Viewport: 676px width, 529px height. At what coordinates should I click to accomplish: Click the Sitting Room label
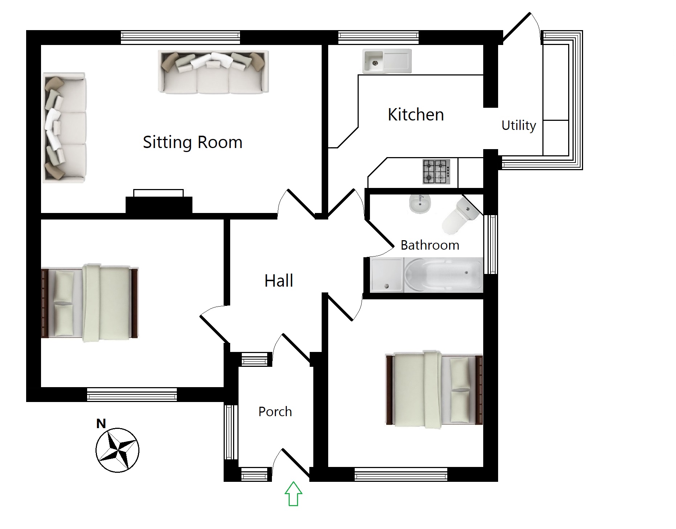[x=192, y=142]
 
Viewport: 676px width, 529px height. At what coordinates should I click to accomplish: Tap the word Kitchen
[x=416, y=115]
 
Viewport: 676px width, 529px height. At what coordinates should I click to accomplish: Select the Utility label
[x=518, y=126]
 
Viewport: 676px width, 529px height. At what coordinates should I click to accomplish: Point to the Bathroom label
[x=430, y=245]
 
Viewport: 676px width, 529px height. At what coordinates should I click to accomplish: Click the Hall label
[x=279, y=280]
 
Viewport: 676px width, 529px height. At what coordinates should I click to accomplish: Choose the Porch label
[x=275, y=411]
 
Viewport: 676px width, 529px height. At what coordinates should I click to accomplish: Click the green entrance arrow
[x=293, y=493]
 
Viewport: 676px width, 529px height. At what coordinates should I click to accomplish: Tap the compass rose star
[x=117, y=450]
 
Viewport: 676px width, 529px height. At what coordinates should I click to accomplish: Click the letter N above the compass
[x=101, y=423]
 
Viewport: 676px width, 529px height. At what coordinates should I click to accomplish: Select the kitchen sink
[x=387, y=61]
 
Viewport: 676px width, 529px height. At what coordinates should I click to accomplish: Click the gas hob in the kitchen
[x=436, y=172]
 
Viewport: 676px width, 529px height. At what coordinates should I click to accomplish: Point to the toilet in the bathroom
[x=460, y=216]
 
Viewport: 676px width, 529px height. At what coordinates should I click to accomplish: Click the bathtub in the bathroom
[x=443, y=275]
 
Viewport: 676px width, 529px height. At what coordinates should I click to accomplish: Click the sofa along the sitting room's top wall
[x=213, y=72]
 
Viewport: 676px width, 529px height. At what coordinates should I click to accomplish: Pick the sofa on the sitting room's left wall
[x=65, y=127]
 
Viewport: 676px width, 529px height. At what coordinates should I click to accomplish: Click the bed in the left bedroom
[x=89, y=303]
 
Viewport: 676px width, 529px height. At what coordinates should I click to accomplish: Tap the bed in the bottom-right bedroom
[x=434, y=390]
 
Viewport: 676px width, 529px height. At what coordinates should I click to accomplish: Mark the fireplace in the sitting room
[x=159, y=201]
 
